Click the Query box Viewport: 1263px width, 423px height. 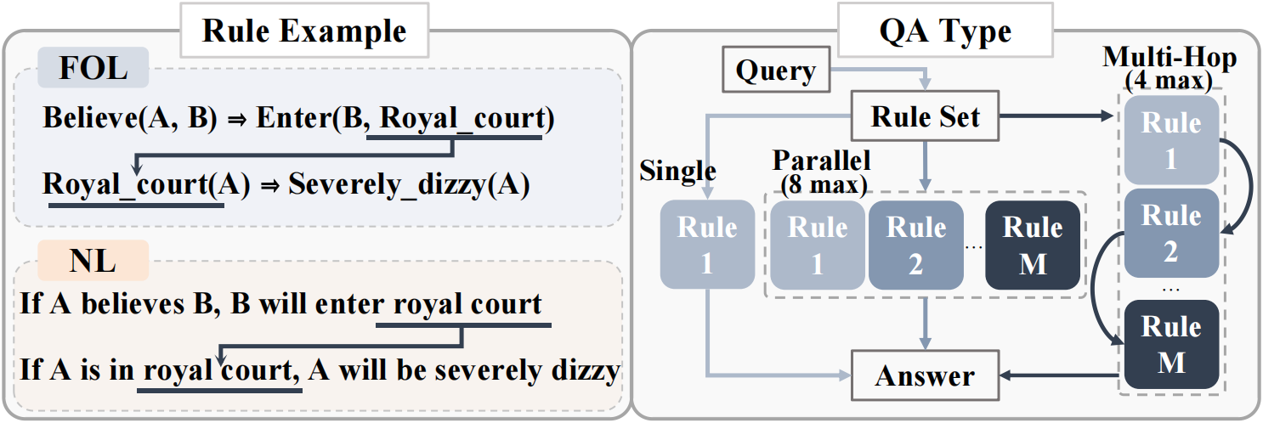click(776, 70)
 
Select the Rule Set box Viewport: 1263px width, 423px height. click(925, 116)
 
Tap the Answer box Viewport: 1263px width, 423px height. click(925, 375)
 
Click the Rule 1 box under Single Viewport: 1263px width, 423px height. click(707, 245)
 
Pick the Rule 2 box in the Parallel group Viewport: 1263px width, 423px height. click(915, 245)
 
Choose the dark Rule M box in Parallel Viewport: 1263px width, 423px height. click(1033, 245)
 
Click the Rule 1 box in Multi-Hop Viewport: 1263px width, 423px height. click(1171, 140)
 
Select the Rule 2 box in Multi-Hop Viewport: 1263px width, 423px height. click(1171, 233)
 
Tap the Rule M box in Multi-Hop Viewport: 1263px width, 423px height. click(1171, 344)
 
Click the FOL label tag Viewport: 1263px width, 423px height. click(93, 68)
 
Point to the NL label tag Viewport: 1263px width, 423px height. click(93, 260)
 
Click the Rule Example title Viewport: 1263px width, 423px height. click(304, 31)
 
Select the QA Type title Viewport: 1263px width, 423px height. click(946, 31)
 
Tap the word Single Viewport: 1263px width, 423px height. click(677, 171)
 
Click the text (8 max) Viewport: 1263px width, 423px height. click(824, 185)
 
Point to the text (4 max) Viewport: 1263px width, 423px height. click(1169, 80)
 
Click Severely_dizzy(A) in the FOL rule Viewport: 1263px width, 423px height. click(409, 184)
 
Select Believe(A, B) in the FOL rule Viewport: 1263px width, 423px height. click(130, 118)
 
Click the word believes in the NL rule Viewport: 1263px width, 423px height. click(133, 303)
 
